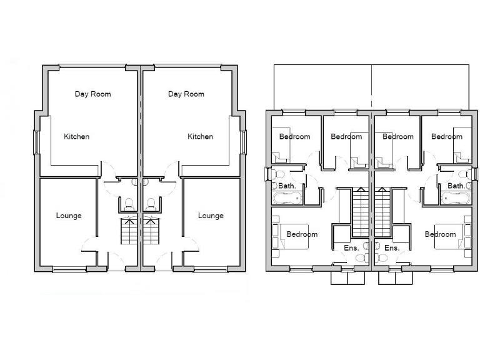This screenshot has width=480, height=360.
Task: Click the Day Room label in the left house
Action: pyautogui.click(x=92, y=94)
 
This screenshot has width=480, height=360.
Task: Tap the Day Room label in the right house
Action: pyautogui.click(x=186, y=94)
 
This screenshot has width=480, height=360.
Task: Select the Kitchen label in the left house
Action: pyautogui.click(x=76, y=136)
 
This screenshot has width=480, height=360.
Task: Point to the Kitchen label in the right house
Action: pyautogui.click(x=200, y=136)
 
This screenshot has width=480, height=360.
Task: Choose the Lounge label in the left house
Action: pyautogui.click(x=69, y=216)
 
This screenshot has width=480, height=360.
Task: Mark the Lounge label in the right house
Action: pyautogui.click(x=211, y=216)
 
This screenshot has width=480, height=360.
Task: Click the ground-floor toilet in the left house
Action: pyautogui.click(x=129, y=204)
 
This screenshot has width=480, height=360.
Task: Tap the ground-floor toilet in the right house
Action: pyautogui.click(x=150, y=204)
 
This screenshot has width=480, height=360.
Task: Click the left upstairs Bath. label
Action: pyautogui.click(x=287, y=186)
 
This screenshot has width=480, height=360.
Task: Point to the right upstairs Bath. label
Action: pyautogui.click(x=456, y=186)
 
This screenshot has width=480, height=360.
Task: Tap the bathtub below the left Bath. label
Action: pyautogui.click(x=287, y=199)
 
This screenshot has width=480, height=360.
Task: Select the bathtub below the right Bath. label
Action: pyautogui.click(x=456, y=199)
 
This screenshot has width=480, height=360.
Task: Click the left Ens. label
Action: pyautogui.click(x=351, y=248)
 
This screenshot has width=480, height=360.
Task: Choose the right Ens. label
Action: pyautogui.click(x=392, y=248)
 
